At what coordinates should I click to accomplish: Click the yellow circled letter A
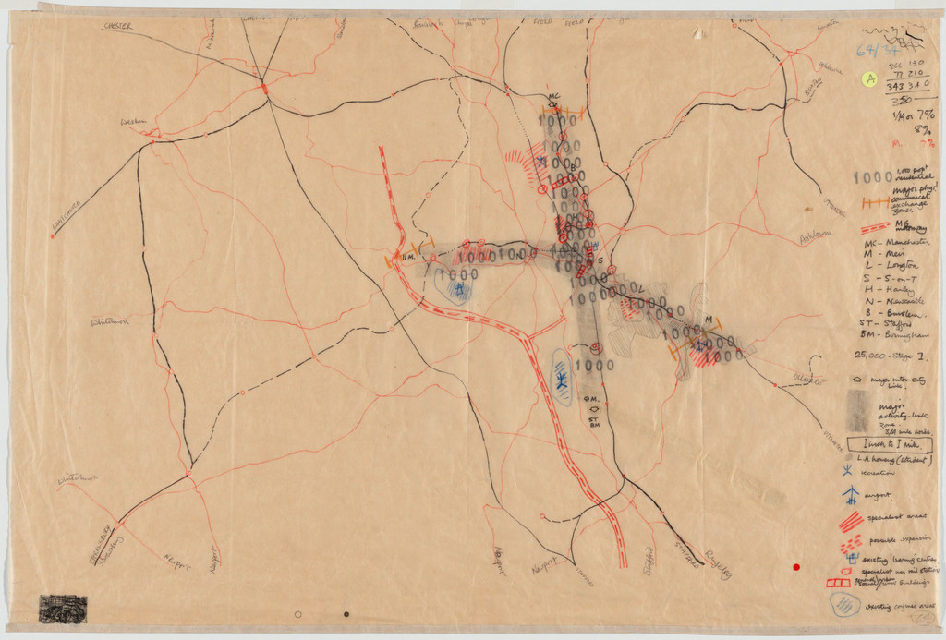pos(868,79)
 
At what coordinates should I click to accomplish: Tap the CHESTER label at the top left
pos(118,27)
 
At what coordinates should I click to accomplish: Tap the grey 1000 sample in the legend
pos(871,177)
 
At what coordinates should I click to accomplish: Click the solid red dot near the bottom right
pos(796,566)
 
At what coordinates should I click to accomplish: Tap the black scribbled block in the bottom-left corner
pos(63,609)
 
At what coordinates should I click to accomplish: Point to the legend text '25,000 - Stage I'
pos(891,355)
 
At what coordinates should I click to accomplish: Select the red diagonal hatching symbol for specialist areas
pos(851,521)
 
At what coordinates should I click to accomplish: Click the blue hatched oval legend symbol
pos(845,605)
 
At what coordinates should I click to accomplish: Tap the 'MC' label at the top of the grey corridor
pos(554,97)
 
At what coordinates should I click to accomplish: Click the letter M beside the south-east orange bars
pos(709,320)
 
